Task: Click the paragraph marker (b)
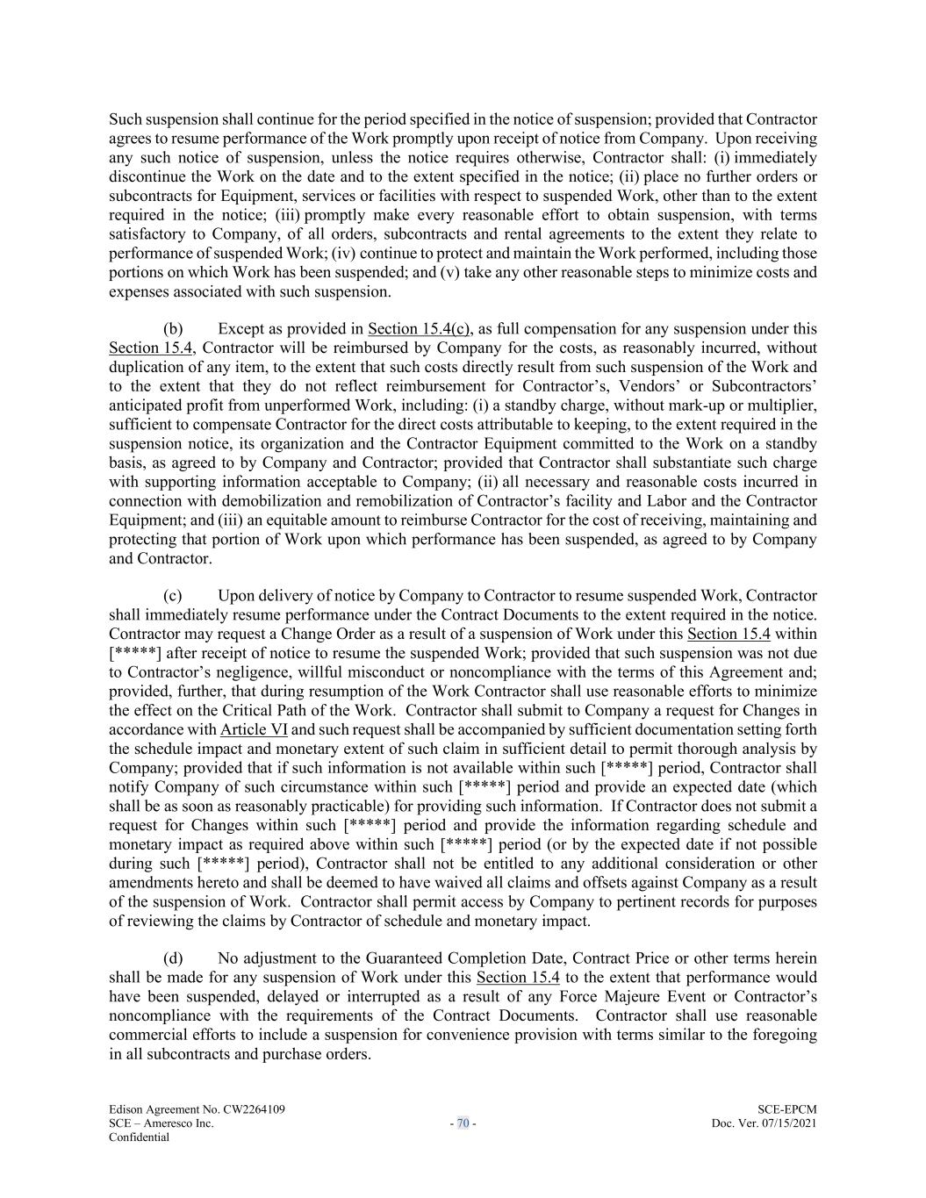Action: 173,329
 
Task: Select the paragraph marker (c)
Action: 173,596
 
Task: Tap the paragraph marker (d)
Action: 173,958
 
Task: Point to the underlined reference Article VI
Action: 254,729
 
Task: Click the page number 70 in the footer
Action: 463,1123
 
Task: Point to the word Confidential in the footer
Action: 139,1137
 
